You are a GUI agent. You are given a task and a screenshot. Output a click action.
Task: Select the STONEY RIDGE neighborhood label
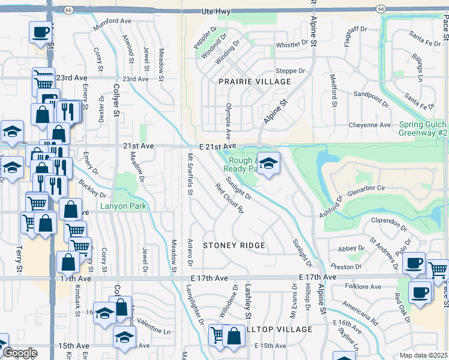234,245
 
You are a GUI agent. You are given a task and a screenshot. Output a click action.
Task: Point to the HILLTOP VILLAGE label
277,329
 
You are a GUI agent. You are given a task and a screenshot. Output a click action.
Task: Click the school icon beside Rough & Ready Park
268,162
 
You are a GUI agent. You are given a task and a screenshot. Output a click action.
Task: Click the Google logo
19,353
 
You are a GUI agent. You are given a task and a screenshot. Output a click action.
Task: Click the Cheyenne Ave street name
370,125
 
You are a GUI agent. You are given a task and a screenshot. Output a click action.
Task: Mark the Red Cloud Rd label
230,199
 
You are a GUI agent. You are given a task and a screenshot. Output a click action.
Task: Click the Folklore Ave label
365,287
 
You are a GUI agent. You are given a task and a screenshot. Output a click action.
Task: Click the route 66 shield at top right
381,8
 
